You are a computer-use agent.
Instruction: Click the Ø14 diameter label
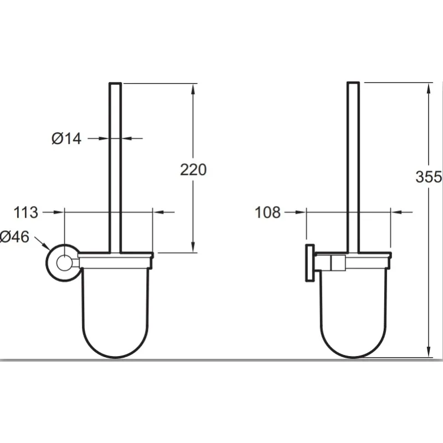[66, 139]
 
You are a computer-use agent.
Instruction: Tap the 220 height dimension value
[193, 170]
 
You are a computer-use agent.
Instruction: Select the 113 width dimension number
[25, 213]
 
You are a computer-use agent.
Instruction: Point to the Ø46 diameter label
[14, 237]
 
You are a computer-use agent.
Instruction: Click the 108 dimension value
[267, 212]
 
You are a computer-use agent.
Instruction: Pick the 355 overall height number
[428, 177]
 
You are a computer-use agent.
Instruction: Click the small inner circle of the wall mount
[64, 263]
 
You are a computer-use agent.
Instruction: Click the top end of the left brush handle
[115, 83]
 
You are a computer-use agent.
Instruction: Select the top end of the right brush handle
[353, 83]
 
